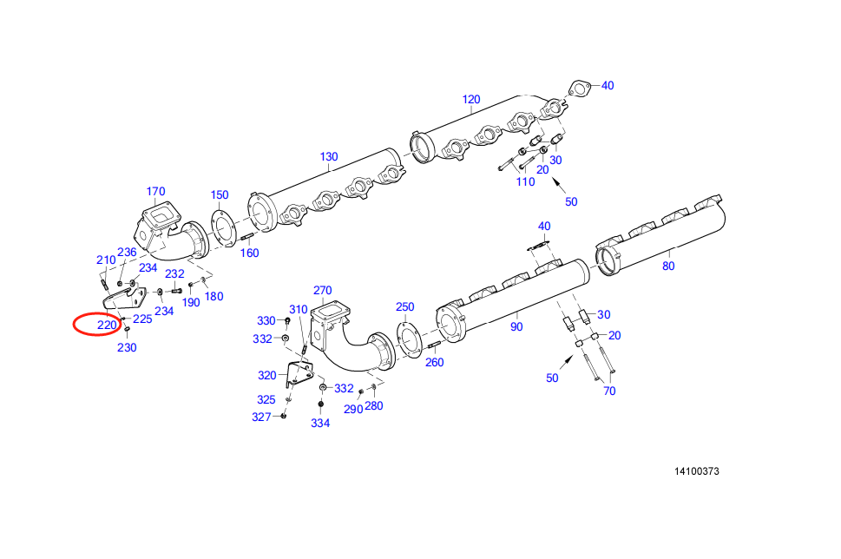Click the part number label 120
pos(470,100)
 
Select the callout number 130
pos(328,157)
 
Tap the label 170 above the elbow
pos(155,192)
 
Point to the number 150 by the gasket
pos(220,195)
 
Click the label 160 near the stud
pos(249,253)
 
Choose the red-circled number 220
pos(106,326)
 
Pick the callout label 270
pos(322,290)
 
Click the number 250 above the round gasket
pos(405,307)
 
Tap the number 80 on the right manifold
pos(668,266)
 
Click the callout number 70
pos(609,391)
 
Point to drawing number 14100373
pos(697,472)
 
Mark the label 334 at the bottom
pos(320,424)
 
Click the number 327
pos(262,417)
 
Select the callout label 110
pos(526,182)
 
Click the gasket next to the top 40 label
pos(580,88)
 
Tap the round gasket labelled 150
pos(222,227)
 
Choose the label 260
pos(434,362)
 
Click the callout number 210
pos(106,260)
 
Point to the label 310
pos(298,310)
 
